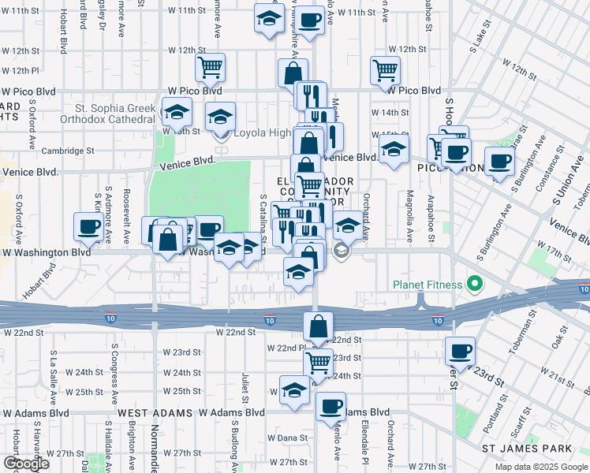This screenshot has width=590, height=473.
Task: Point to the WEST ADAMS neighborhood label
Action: coord(155,413)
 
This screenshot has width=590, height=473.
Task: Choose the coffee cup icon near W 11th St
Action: coord(310,19)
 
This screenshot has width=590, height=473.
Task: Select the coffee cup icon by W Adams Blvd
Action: coord(330,406)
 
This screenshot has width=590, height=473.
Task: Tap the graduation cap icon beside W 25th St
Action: coord(295,390)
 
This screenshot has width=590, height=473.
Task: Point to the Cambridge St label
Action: coord(67,151)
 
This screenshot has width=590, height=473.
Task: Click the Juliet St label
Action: coord(245,384)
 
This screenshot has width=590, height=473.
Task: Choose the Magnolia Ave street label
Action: coord(409,215)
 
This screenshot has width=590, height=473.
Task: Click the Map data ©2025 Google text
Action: coord(541,467)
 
